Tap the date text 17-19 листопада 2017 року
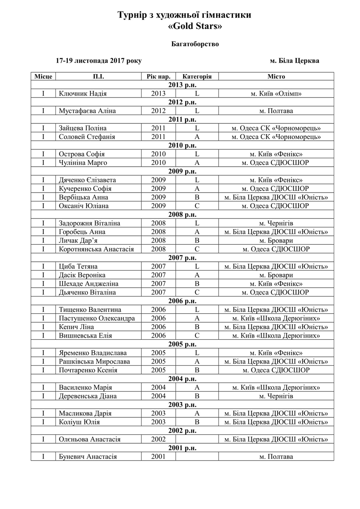point(98,61)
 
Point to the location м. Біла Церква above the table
point(295,61)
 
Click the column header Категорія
point(197,77)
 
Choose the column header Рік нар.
point(158,77)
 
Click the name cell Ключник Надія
point(83,94)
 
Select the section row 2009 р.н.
point(182,171)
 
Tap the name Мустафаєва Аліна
point(87,111)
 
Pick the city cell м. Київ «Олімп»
point(276,94)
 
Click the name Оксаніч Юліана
point(84,206)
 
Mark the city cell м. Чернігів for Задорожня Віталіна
point(276,223)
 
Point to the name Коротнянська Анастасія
point(96,249)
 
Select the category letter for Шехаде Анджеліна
point(197,284)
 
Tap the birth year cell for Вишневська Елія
point(158,336)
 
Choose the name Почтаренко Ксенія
point(88,370)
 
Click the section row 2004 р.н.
point(182,379)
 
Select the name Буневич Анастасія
point(88,457)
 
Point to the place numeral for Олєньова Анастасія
point(43,439)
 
